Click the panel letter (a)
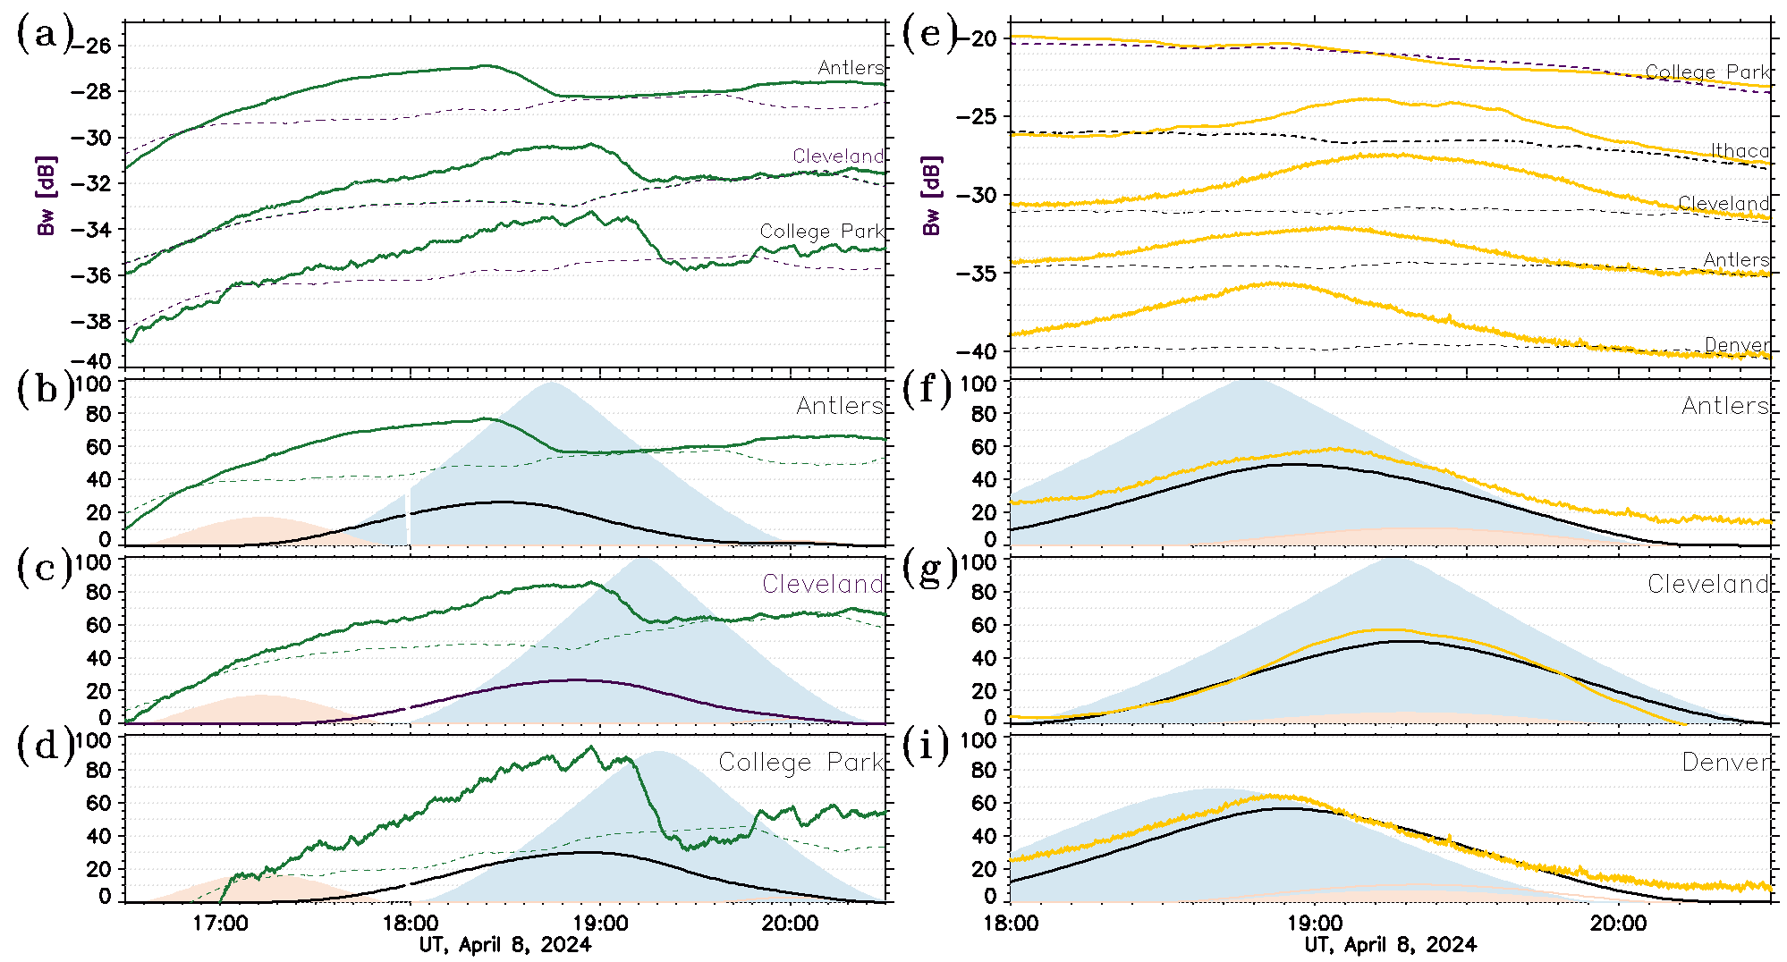point(43,36)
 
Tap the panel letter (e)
point(929,36)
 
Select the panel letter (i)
point(929,747)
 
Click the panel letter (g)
point(929,569)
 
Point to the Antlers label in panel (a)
point(850,68)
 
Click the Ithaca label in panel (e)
point(1740,151)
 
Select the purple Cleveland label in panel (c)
point(822,584)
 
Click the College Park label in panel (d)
point(800,762)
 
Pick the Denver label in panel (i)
point(1725,762)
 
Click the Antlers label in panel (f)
point(1725,406)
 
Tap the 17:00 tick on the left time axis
point(220,924)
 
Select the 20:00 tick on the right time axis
point(1618,924)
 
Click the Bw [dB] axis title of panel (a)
point(47,196)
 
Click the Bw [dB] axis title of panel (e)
point(932,196)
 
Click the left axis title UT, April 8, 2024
point(505,945)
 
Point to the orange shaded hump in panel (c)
point(259,706)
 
